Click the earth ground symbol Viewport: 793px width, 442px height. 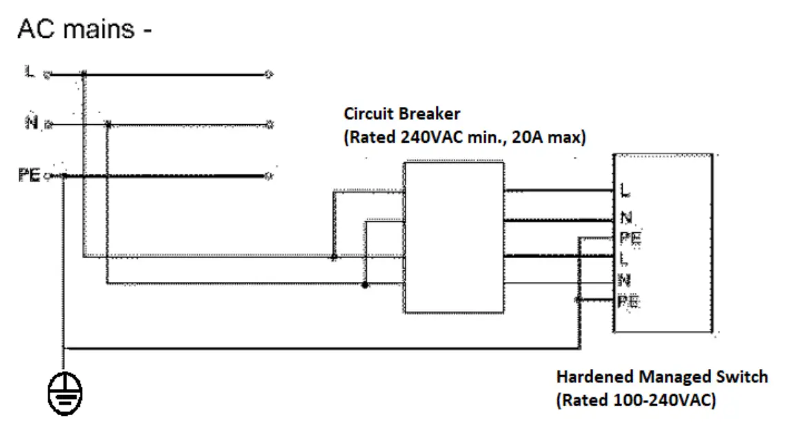(x=64, y=395)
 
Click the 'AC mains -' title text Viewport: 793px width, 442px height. (x=84, y=30)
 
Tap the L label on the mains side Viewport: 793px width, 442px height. (x=30, y=72)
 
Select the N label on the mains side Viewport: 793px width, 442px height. (x=30, y=123)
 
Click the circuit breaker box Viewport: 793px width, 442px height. (x=453, y=237)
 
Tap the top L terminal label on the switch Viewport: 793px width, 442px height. (x=625, y=189)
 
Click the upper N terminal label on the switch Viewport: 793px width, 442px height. (x=626, y=218)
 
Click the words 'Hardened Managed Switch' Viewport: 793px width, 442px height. (x=661, y=377)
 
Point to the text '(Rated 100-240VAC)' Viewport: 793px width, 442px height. (x=636, y=400)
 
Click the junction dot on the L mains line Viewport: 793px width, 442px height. (x=83, y=73)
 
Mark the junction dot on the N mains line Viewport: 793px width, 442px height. (x=108, y=125)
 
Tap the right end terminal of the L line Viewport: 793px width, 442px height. (x=270, y=73)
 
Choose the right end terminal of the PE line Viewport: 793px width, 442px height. (x=270, y=177)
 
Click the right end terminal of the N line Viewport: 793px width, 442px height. (x=270, y=125)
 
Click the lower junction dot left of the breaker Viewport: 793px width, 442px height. (x=365, y=284)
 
